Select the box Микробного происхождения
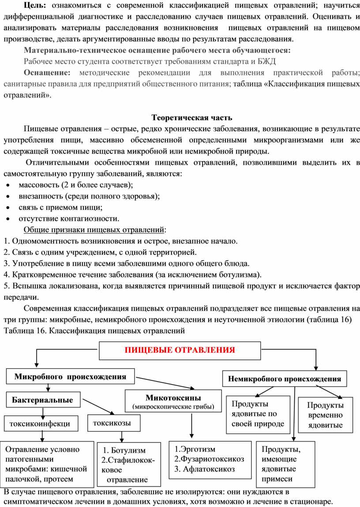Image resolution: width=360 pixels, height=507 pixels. (x=70, y=377)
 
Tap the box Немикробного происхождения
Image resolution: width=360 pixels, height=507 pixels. (x=285, y=379)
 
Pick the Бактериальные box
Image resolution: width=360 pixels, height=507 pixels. (x=43, y=400)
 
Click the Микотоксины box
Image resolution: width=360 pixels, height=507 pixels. (x=173, y=401)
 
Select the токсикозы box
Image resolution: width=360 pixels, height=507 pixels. (x=112, y=423)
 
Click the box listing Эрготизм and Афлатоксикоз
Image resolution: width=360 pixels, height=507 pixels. (x=209, y=459)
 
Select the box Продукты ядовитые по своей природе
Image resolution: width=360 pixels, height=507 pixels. (x=258, y=414)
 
